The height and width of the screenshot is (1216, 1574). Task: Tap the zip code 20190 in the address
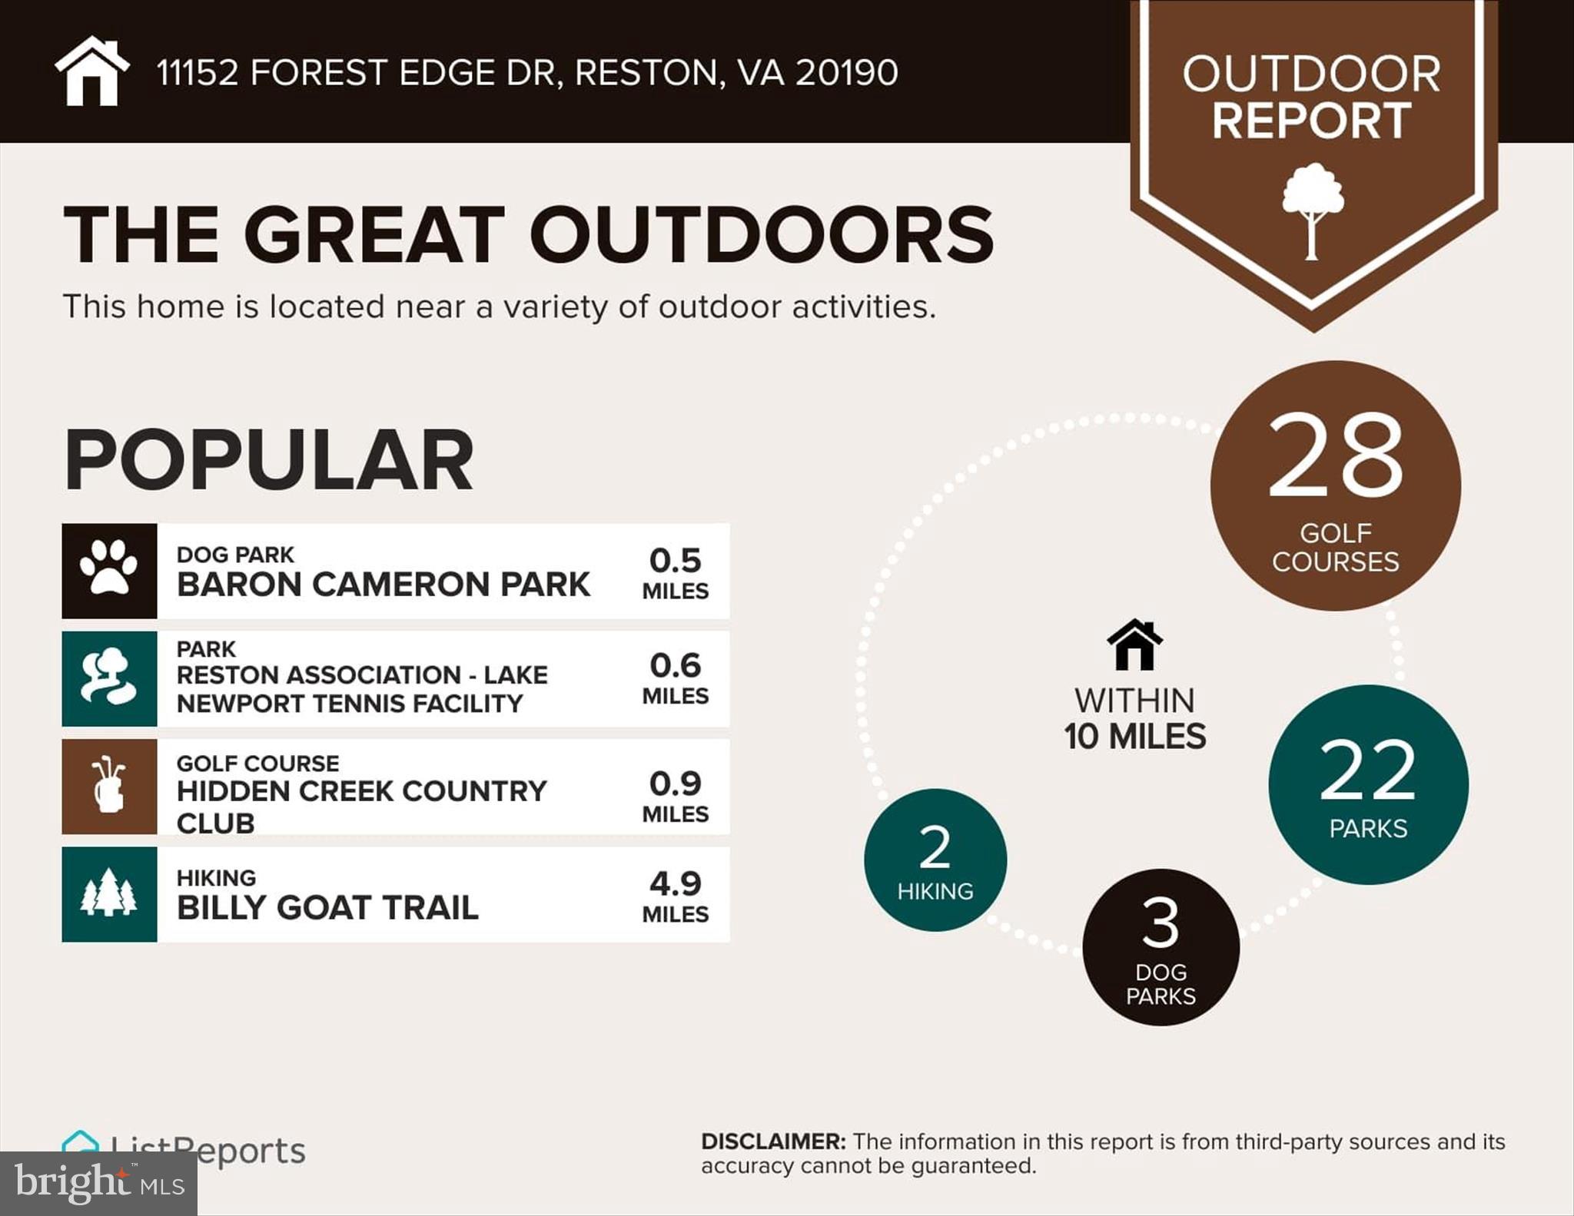click(846, 73)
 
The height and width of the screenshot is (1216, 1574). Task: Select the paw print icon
click(109, 568)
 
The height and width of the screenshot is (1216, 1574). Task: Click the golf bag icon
click(108, 784)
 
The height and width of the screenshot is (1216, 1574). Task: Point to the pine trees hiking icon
click(108, 893)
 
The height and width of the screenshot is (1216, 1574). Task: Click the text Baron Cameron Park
click(383, 585)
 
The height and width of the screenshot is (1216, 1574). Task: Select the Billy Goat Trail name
click(327, 908)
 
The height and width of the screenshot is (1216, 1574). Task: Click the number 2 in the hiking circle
click(935, 847)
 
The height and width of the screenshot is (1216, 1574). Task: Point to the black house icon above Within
click(1134, 645)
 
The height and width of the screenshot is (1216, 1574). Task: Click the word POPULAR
click(268, 460)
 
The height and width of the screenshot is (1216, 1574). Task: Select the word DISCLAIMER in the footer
click(772, 1141)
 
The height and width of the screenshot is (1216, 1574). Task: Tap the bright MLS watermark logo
click(98, 1183)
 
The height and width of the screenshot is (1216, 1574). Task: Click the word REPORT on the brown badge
click(1312, 121)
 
